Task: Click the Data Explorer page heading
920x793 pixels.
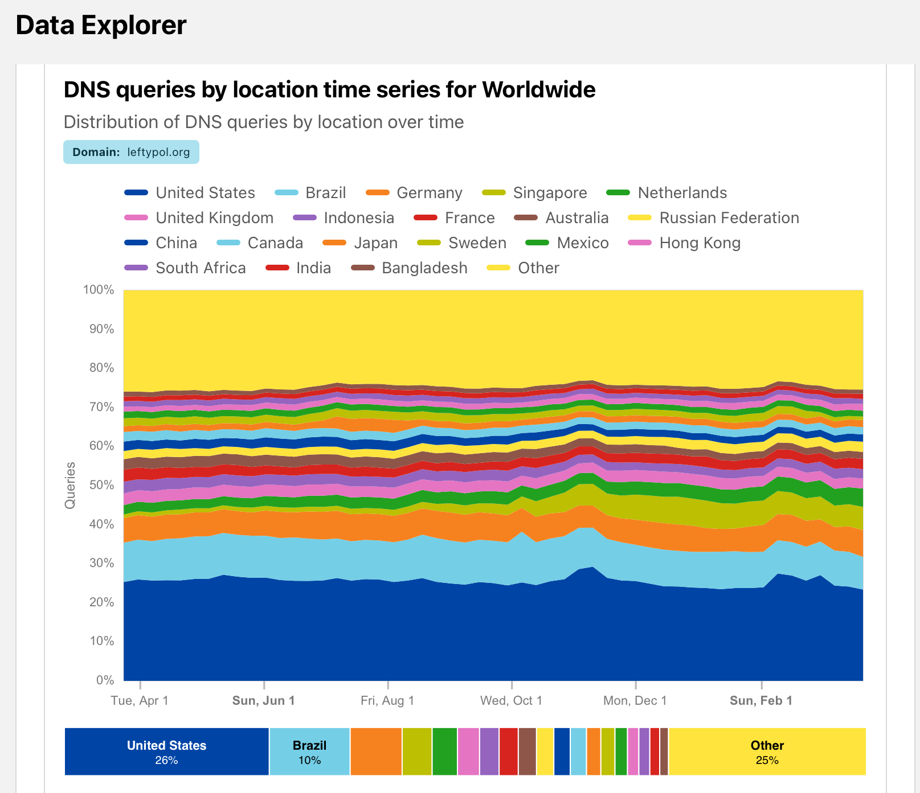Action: (x=101, y=26)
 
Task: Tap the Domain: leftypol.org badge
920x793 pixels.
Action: (x=131, y=152)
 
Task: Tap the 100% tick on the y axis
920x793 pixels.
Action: (x=99, y=290)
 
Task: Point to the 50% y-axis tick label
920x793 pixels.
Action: (x=101, y=485)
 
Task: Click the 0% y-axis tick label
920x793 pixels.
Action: (x=105, y=680)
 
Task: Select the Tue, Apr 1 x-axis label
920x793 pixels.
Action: (x=140, y=701)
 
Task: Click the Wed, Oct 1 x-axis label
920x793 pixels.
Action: (x=511, y=701)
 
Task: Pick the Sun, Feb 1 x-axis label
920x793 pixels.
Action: (x=760, y=701)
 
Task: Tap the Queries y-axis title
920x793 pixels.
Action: (x=70, y=485)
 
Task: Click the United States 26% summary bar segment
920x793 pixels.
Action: (x=166, y=751)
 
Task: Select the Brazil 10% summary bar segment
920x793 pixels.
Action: (x=309, y=751)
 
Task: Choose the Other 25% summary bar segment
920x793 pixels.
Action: (x=767, y=751)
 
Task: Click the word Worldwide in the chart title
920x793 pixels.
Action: (x=538, y=90)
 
